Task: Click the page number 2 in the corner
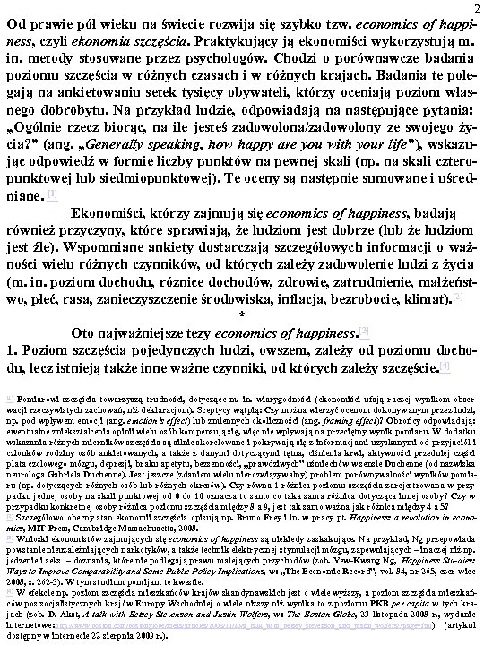pos(477,8)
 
